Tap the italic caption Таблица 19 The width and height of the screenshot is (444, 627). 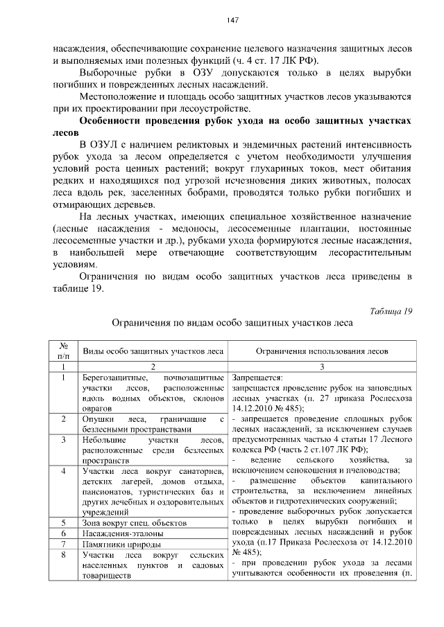tap(388, 311)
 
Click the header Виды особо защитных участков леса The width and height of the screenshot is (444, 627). tap(152, 352)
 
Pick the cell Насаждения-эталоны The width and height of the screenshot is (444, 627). tap(123, 533)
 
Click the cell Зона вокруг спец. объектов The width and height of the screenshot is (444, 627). tap(133, 522)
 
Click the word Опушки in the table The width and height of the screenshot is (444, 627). tap(96, 419)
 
